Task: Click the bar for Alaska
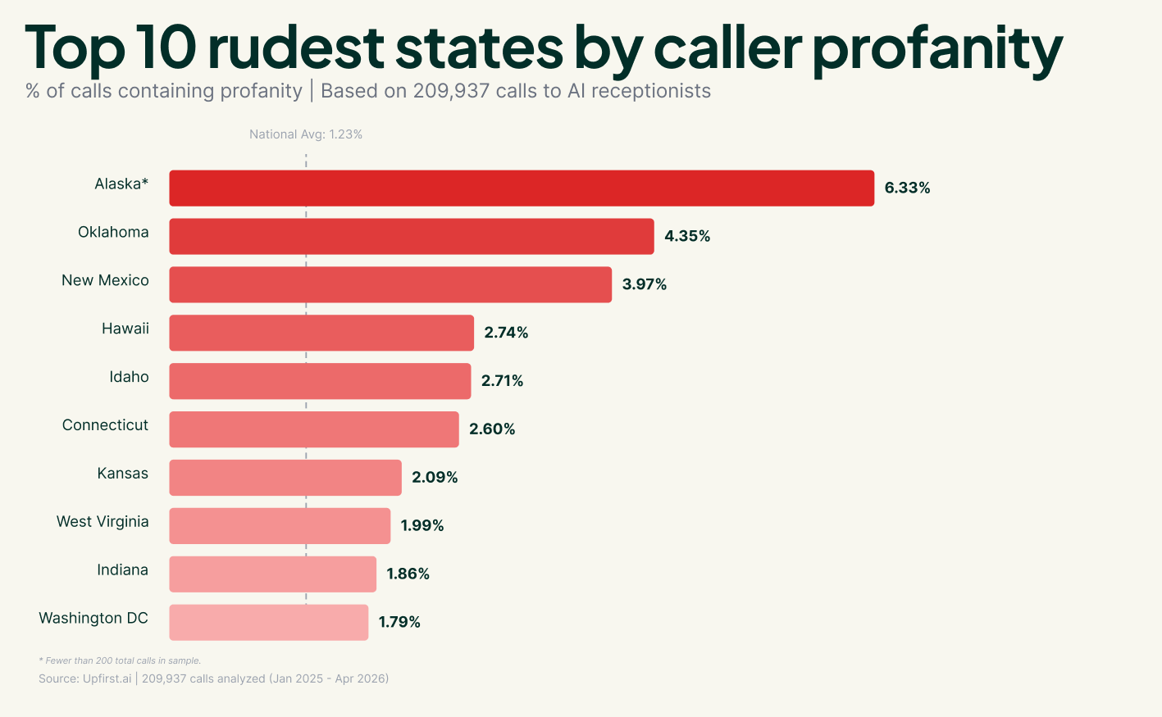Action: [x=522, y=188]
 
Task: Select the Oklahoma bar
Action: [x=412, y=236]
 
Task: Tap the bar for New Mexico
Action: [x=390, y=284]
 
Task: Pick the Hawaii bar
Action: [x=321, y=333]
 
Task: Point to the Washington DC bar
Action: [x=269, y=622]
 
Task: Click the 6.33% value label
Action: [x=907, y=188]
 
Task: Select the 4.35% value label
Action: [x=687, y=236]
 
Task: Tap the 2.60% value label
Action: [x=492, y=429]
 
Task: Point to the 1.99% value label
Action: [x=422, y=525]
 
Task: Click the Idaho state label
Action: [x=129, y=377]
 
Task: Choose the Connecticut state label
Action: [x=105, y=425]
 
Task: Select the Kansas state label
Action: [x=122, y=474]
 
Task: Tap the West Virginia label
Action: [x=103, y=522]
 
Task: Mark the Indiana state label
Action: [x=122, y=570]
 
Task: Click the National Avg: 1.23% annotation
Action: [x=306, y=134]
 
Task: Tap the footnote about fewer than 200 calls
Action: [x=120, y=660]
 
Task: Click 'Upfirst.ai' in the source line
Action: [x=107, y=678]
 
